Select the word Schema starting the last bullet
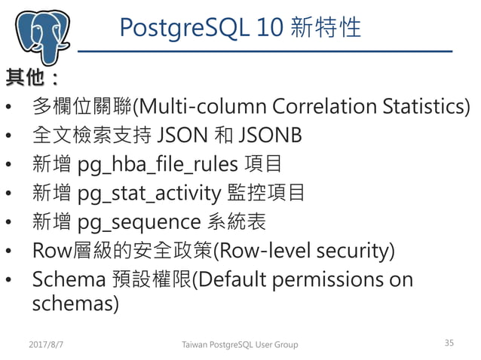click(x=69, y=279)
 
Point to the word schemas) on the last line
click(x=75, y=303)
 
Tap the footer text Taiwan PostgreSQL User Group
click(x=240, y=344)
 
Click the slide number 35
click(x=449, y=343)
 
